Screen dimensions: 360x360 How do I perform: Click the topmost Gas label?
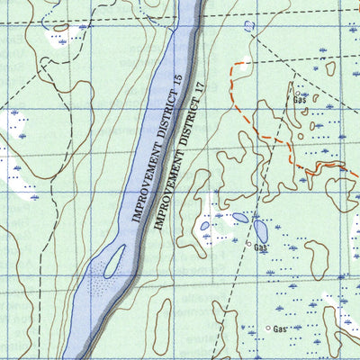point(301,100)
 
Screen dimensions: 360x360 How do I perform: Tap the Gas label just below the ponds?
point(261,247)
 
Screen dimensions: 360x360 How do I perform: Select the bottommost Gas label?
point(281,329)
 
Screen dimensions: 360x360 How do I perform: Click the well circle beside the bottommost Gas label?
point(267,328)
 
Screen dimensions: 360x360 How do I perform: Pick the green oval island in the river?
point(112,264)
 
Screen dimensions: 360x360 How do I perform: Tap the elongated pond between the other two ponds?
point(240,217)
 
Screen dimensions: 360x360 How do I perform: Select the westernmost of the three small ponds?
point(205,226)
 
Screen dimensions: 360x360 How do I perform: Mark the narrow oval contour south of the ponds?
point(161,326)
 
